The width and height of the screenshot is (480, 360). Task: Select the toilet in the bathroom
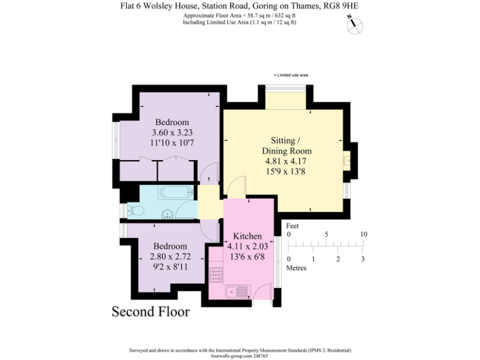[133, 211]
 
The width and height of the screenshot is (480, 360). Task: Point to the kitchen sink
[235, 291]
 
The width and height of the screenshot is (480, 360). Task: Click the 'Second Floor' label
[150, 311]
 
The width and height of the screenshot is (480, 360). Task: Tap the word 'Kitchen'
[247, 236]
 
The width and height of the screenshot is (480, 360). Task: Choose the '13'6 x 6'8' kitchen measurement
[247, 256]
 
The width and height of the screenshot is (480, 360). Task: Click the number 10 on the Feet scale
[364, 234]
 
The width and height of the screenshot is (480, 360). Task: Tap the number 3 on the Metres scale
[363, 259]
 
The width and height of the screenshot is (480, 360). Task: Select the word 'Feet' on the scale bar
[292, 225]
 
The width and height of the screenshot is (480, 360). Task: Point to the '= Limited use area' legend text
[291, 75]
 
